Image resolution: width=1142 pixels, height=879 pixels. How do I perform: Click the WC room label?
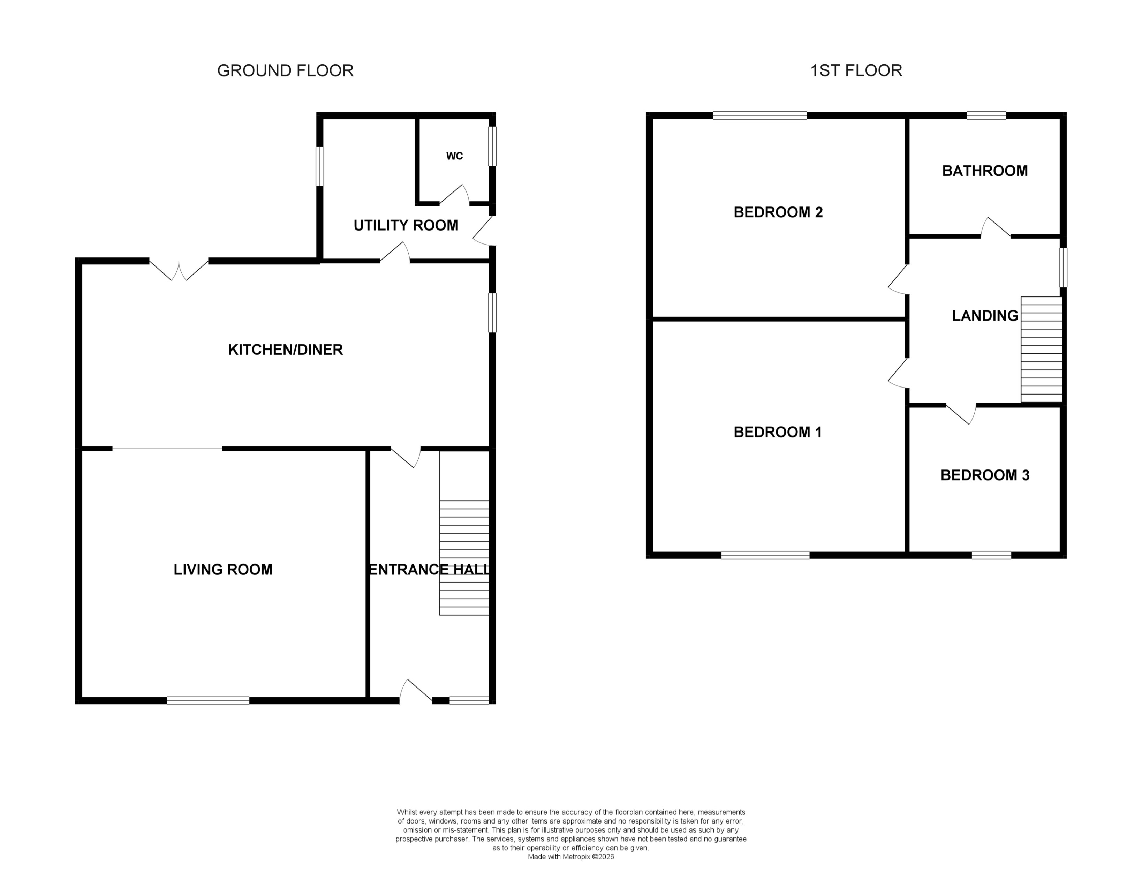click(x=454, y=156)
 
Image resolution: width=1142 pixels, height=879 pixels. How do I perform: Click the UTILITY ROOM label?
click(x=406, y=225)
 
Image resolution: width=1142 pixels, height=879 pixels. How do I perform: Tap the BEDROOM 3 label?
click(x=985, y=475)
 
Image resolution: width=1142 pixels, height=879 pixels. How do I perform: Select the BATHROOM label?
click(x=985, y=171)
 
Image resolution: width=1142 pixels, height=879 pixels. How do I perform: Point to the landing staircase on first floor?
click(x=1041, y=349)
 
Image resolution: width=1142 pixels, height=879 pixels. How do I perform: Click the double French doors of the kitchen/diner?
click(x=179, y=269)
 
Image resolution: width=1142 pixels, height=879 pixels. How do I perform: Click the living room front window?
click(x=208, y=700)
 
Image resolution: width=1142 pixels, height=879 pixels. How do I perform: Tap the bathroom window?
click(x=986, y=115)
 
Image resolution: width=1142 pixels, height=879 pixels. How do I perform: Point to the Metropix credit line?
click(x=570, y=857)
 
